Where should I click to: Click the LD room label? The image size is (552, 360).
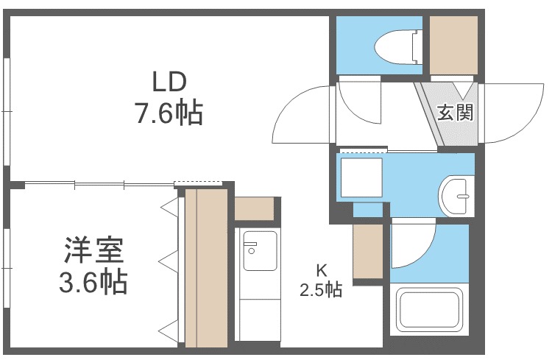pyautogui.click(x=169, y=82)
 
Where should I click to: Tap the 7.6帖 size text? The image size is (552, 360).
pyautogui.click(x=169, y=113)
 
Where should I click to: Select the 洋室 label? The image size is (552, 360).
pyautogui.click(x=93, y=250)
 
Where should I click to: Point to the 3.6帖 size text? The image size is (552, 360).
pyautogui.click(x=93, y=282)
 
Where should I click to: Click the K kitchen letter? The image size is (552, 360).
pyautogui.click(x=321, y=270)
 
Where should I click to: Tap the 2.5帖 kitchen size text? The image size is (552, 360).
pyautogui.click(x=321, y=290)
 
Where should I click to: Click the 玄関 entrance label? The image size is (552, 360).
pyautogui.click(x=455, y=113)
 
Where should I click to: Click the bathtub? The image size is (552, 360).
pyautogui.click(x=430, y=310)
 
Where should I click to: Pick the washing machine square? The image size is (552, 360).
pyautogui.click(x=361, y=177)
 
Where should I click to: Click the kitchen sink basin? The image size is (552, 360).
pyautogui.click(x=260, y=250)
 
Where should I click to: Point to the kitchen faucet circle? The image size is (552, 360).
pyautogui.click(x=252, y=251)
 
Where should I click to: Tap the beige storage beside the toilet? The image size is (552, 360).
pyautogui.click(x=454, y=45)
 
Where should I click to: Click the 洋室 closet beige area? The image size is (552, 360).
pyautogui.click(x=206, y=268)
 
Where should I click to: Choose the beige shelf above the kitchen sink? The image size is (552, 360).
pyautogui.click(x=254, y=208)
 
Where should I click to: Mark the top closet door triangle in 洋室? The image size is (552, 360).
pyautogui.click(x=170, y=207)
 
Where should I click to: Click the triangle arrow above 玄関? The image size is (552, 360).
pyautogui.click(x=462, y=91)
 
